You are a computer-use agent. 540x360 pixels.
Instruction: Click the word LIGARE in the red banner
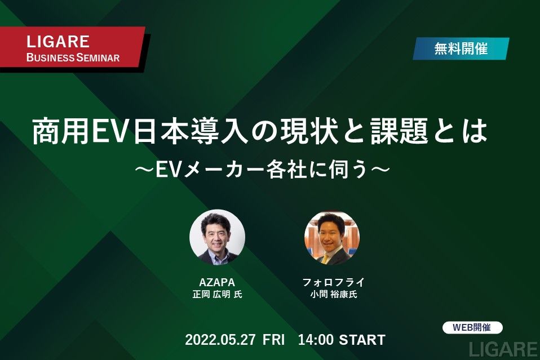tap(58, 42)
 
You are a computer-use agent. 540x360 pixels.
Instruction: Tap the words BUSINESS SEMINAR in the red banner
tap(73, 57)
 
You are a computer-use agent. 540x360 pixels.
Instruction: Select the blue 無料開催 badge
tap(461, 48)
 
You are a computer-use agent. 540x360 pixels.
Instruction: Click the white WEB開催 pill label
tap(472, 327)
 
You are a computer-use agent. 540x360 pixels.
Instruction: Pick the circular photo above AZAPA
tap(218, 237)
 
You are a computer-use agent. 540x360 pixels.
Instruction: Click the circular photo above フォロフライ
tap(332, 238)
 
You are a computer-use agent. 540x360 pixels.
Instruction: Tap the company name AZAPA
tap(217, 283)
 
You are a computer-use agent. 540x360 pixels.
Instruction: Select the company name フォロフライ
tap(333, 283)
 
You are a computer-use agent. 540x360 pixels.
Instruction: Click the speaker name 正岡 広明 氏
tap(218, 295)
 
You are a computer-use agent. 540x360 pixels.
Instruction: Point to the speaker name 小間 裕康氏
tap(333, 295)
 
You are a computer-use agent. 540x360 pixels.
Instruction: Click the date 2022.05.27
tap(220, 340)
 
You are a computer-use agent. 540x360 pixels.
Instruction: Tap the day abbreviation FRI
tap(274, 340)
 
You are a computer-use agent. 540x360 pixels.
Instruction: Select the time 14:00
tap(316, 340)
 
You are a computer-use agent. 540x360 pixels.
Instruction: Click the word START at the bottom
tap(362, 340)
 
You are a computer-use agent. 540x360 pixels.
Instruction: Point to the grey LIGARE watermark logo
tap(503, 350)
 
